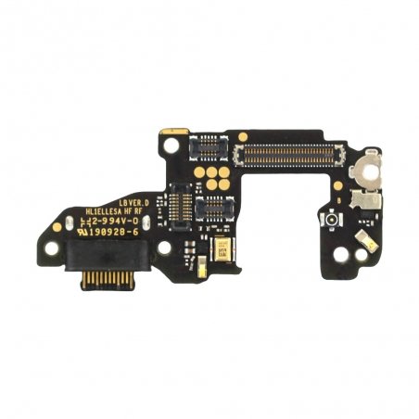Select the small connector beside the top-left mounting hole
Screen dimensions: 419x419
pos(208,145)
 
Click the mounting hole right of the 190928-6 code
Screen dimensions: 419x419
pos(164,248)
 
